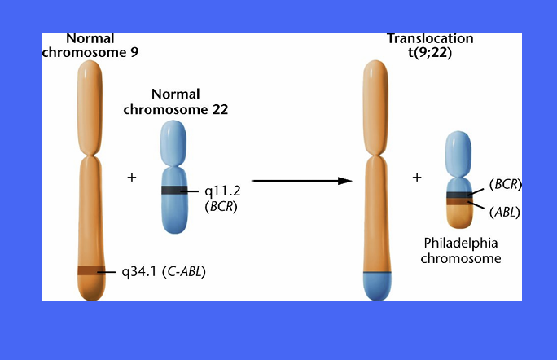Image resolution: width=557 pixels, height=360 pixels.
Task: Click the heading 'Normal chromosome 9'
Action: [x=91, y=45]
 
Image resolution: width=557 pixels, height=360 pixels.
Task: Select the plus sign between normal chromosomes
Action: [x=132, y=178]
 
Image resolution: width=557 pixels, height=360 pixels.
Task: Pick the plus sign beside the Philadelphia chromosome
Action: [x=417, y=178]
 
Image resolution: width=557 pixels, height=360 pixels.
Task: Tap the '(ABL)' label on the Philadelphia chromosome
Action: [x=504, y=212]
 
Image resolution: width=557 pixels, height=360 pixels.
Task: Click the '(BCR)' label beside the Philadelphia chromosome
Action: [x=505, y=185]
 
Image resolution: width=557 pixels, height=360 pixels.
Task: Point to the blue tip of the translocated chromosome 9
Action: [x=377, y=285]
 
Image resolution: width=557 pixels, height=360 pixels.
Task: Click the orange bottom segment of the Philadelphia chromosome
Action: [x=458, y=215]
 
